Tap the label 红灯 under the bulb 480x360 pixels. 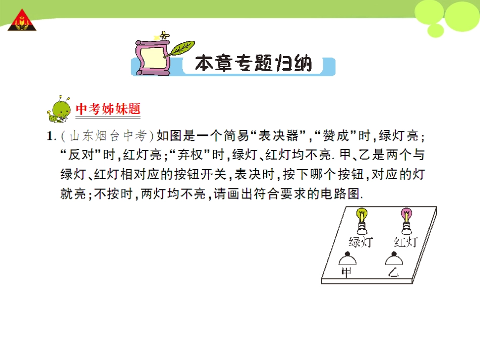[406, 241]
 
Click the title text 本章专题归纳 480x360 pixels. [253, 65]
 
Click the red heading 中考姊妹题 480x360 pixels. [108, 109]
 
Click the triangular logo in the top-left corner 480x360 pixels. [22, 20]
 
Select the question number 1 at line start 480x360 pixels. [50, 136]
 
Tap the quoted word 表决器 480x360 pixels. [278, 136]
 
